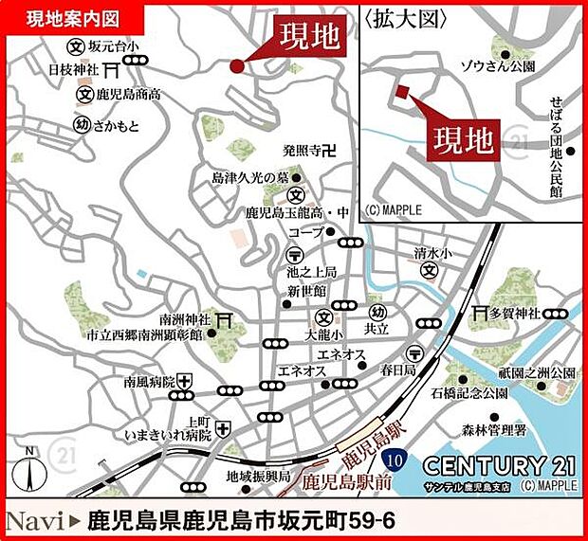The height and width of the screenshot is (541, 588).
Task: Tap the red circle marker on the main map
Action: pos(236,65)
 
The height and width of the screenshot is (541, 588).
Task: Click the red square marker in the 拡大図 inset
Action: pos(402,92)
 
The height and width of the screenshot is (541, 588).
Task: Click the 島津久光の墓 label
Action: pos(249,177)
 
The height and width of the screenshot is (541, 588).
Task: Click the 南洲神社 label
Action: pos(183,319)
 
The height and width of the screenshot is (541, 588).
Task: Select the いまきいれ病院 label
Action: pos(169,435)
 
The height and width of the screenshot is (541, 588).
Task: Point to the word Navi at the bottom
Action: pos(37,520)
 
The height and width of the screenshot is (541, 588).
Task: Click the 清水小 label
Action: pos(428,253)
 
